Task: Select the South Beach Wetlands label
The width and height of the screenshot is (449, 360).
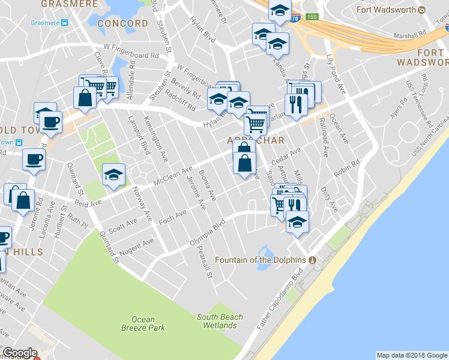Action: [220, 321]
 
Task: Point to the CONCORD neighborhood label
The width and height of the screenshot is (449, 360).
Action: [122, 23]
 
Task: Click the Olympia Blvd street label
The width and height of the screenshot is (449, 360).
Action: [207, 233]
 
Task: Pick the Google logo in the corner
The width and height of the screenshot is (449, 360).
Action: [20, 353]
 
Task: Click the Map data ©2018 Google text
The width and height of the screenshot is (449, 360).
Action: [412, 355]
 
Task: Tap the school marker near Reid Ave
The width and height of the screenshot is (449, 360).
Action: [113, 175]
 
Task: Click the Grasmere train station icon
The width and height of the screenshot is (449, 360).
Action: [64, 23]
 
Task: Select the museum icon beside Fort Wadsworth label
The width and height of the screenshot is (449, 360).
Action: [422, 10]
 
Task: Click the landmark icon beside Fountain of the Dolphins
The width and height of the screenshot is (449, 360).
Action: [312, 260]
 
